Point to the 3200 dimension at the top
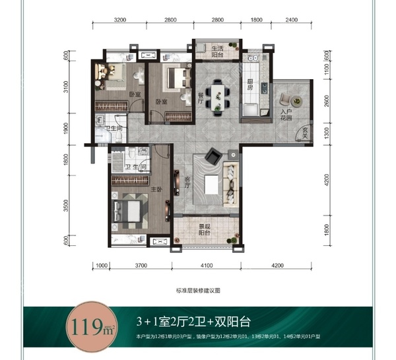point(119,20)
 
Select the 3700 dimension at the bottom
point(139,266)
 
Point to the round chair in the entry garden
point(293,100)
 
